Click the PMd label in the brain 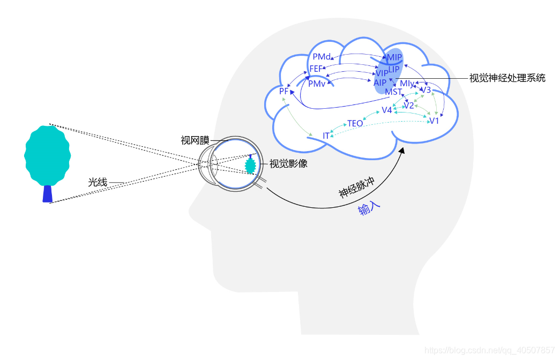[x=322, y=57]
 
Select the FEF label [x=316, y=69]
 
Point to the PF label [x=284, y=92]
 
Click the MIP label [x=394, y=57]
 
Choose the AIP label [x=380, y=82]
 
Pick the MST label [x=393, y=92]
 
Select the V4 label [x=387, y=110]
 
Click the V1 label [x=434, y=121]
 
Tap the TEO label [x=355, y=124]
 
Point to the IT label [x=326, y=136]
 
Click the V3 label [x=426, y=90]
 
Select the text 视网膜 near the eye [x=195, y=141]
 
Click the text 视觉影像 [x=288, y=164]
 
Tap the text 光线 [x=98, y=183]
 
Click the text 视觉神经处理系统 [x=507, y=78]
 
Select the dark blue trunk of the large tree [x=48, y=193]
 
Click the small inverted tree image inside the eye [x=250, y=164]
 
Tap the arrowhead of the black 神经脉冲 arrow [x=402, y=152]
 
